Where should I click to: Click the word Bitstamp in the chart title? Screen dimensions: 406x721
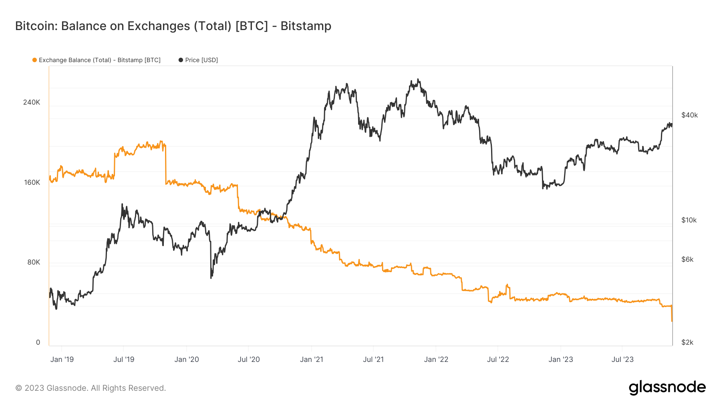pos(306,26)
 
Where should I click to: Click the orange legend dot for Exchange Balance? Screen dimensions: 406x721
pos(34,60)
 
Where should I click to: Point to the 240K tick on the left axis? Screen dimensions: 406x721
pos(32,102)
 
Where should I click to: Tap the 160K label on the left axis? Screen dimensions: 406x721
pos(32,182)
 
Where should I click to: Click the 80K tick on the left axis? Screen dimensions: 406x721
pos(34,262)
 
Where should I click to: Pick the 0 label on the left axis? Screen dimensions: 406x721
pos(38,342)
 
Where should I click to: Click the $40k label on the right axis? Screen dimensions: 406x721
pos(689,115)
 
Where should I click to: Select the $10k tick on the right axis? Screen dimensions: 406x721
pos(689,220)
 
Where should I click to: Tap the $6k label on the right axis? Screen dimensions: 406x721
pos(687,259)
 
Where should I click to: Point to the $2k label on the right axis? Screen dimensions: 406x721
pos(687,342)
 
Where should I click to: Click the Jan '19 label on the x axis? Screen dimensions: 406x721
pos(62,359)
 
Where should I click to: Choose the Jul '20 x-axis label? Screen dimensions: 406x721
pos(249,359)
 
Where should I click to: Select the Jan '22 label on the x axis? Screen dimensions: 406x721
pos(436,359)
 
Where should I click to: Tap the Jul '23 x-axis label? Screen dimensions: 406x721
pos(622,359)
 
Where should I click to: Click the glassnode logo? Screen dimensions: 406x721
pos(667,387)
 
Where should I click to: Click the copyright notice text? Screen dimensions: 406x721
pos(91,388)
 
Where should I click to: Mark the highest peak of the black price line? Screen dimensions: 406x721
pos(418,79)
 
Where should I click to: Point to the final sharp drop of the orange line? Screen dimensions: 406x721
pos(672,315)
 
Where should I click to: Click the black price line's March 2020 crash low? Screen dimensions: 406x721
pos(211,277)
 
